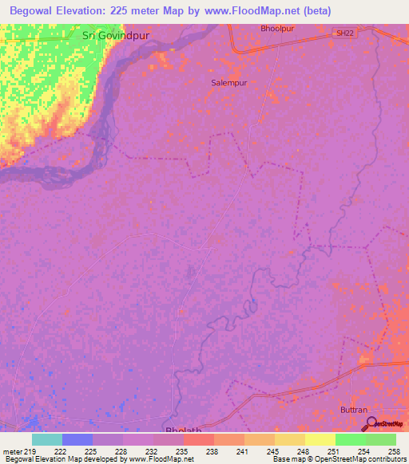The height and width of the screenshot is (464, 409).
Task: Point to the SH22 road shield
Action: tap(343, 32)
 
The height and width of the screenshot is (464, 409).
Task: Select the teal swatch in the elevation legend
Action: tap(47, 439)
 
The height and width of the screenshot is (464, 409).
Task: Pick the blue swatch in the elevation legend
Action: tap(77, 439)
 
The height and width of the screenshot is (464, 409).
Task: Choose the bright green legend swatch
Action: tap(351, 439)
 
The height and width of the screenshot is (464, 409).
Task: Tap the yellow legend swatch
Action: tap(320, 439)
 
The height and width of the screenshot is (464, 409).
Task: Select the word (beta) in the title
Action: tap(314, 10)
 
